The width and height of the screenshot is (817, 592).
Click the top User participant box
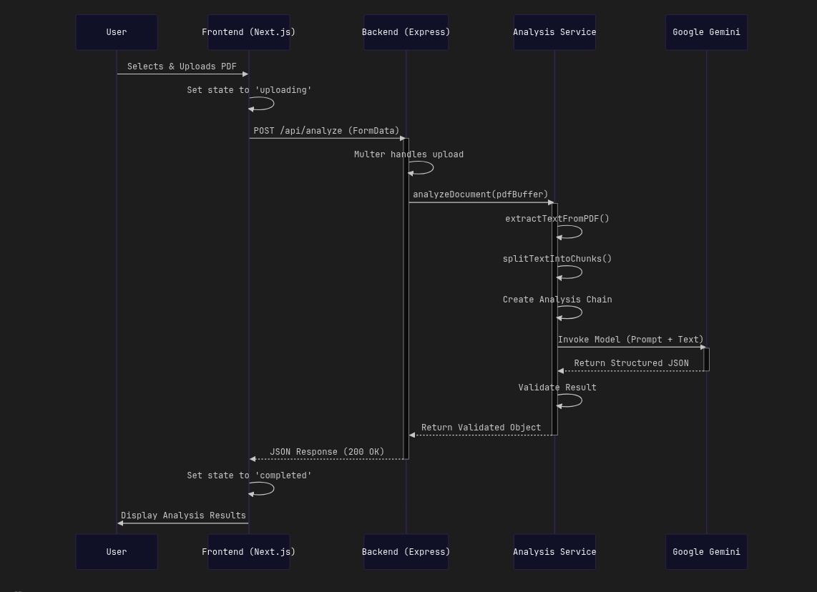point(117,32)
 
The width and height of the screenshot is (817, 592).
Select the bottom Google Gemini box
point(706,552)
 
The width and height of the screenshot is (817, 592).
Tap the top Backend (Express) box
point(406,32)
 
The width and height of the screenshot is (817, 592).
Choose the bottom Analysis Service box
point(554,552)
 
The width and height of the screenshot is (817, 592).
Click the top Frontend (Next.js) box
point(248,32)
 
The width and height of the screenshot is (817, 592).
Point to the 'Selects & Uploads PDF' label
point(182,66)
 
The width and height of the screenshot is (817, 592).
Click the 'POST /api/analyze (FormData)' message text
point(326,131)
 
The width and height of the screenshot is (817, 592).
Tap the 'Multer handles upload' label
point(408,154)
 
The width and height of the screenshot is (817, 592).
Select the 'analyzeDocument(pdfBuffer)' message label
point(480,194)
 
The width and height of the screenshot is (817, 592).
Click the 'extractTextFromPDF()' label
point(557,219)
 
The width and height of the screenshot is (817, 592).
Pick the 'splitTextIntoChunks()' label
point(557,259)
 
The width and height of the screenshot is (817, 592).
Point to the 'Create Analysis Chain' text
point(557,300)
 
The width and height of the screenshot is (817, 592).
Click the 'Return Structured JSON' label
point(631,363)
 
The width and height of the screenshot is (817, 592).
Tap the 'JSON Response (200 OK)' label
point(327,452)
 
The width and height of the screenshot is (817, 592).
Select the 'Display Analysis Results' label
point(183,515)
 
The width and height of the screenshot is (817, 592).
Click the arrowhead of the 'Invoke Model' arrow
point(703,347)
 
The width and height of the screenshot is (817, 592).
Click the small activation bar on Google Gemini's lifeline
point(706,359)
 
